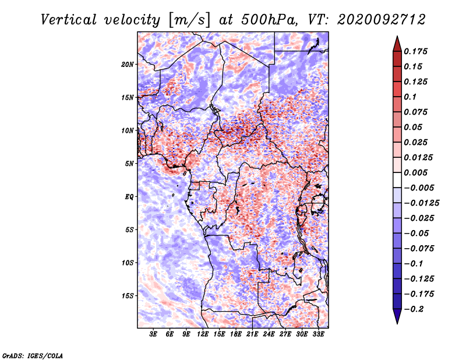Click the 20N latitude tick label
click(x=128, y=65)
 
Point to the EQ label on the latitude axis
click(x=129, y=197)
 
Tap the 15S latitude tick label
click(x=128, y=296)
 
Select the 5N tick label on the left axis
click(x=129, y=164)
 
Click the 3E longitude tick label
click(x=153, y=334)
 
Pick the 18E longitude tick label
click(x=236, y=334)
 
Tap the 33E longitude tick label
click(x=318, y=334)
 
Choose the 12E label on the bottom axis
click(x=203, y=334)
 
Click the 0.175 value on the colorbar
click(x=415, y=51)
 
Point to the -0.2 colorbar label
click(x=414, y=309)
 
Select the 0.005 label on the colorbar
click(x=415, y=172)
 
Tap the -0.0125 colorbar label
click(x=421, y=203)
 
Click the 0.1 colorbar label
click(x=410, y=97)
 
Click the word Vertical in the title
click(x=69, y=20)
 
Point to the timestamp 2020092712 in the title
click(x=382, y=20)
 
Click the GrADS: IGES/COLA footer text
click(x=33, y=356)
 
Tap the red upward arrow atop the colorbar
click(x=397, y=44)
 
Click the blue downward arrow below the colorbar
click(x=397, y=316)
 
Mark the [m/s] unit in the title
click(x=189, y=20)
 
